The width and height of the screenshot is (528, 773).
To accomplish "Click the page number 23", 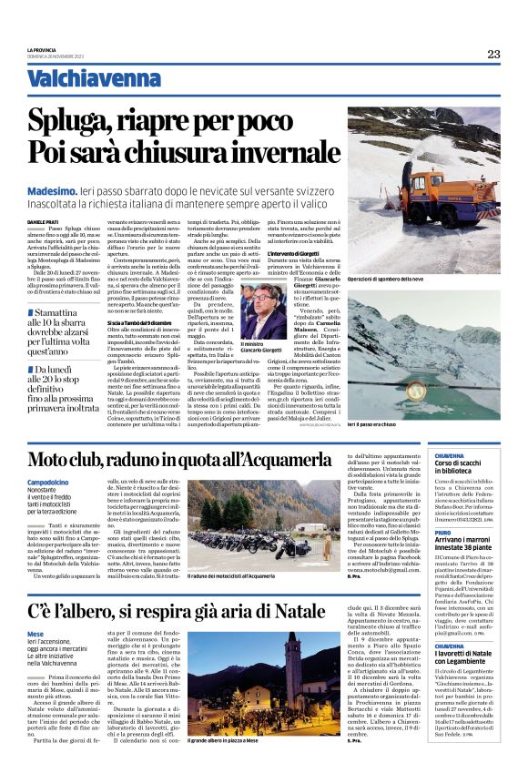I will pos(492,54).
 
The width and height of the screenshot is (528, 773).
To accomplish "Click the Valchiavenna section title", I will pos(87,80).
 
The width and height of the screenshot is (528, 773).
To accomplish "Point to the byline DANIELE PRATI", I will pos(43,222).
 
